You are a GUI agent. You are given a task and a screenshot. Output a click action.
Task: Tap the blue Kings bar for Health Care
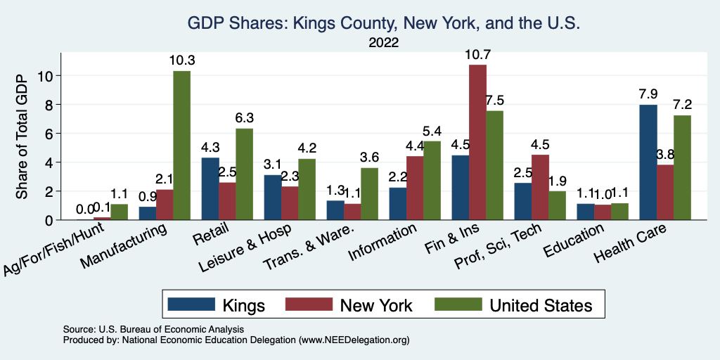649,162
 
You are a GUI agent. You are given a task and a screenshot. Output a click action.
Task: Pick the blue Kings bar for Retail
210,188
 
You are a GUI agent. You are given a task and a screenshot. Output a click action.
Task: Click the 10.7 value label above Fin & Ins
478,54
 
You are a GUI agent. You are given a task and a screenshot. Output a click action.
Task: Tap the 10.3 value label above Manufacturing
182,60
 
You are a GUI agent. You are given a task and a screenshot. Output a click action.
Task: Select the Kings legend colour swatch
191,304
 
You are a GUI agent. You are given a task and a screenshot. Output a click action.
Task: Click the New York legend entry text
376,304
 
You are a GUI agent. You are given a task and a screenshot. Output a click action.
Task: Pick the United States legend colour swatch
457,304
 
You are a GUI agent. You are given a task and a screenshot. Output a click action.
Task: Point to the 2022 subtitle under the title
383,43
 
